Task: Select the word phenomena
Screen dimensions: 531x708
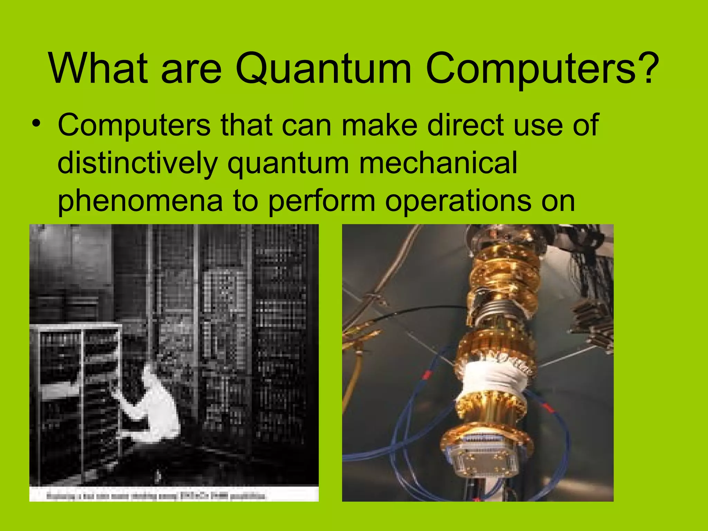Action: point(140,202)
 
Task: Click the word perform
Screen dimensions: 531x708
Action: point(322,202)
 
